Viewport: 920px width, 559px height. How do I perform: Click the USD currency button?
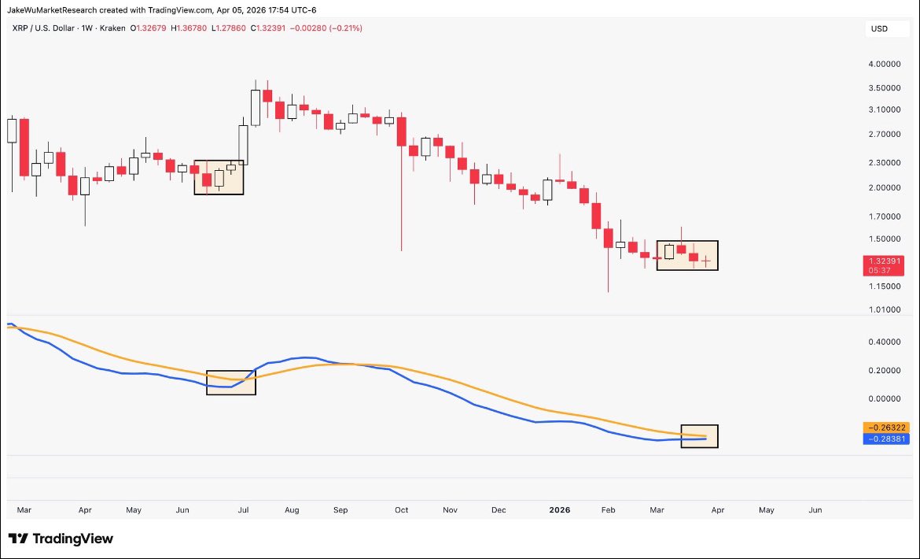878,29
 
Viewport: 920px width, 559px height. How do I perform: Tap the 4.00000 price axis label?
883,64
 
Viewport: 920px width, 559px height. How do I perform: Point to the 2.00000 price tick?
883,188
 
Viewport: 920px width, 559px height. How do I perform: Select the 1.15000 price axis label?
883,287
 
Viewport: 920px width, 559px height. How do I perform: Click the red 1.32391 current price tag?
883,261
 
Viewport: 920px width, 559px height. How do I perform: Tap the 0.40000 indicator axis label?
883,342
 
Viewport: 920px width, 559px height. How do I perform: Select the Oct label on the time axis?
402,510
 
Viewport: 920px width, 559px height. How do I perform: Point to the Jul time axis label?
243,510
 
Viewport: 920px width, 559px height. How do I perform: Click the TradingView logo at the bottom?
61,539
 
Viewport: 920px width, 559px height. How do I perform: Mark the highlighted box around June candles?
219,177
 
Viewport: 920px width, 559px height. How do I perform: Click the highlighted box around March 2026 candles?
687,255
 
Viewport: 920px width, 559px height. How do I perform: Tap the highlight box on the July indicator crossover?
231,383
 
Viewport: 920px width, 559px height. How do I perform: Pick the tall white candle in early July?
256,107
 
